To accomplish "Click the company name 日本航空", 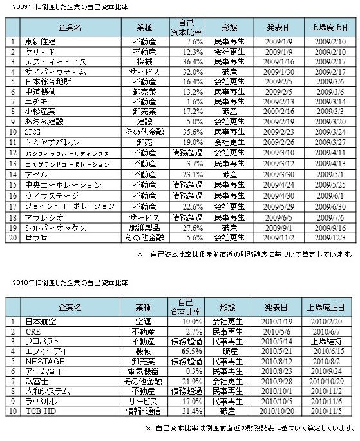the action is click(x=39, y=321).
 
